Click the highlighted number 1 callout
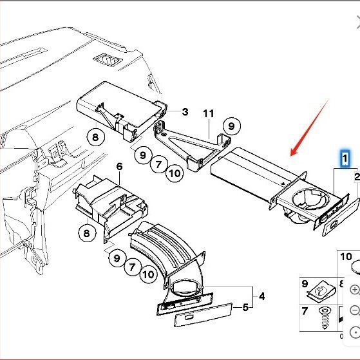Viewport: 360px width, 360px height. click(345, 158)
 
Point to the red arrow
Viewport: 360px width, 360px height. click(309, 128)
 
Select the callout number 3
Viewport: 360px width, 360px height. click(185, 112)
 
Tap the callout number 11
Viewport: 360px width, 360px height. click(209, 113)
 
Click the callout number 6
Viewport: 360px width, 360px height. click(119, 166)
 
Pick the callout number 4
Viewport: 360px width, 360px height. click(261, 296)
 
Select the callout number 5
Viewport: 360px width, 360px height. click(245, 307)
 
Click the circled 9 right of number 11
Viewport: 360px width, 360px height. click(232, 126)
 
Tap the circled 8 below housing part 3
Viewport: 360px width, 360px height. click(95, 137)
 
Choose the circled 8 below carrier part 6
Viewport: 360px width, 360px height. click(87, 233)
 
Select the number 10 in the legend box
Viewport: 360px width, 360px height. click(346, 257)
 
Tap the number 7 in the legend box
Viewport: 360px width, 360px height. click(305, 311)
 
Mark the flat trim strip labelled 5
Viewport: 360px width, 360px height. click(204, 314)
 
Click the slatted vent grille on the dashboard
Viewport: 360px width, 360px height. click(108, 60)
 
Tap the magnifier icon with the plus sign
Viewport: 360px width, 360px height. click(355, 290)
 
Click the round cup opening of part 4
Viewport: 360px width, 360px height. click(185, 288)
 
